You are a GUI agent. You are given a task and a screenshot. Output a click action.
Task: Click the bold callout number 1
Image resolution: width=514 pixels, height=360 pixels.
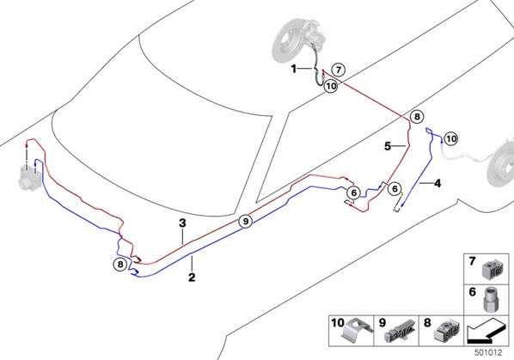click(294, 69)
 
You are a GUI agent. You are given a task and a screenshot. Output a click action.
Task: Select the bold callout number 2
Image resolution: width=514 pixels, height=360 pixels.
click(192, 278)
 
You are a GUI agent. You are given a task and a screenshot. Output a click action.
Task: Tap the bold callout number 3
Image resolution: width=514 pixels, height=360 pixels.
click(182, 223)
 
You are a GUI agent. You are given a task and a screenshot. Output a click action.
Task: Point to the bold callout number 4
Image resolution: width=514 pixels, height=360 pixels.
click(438, 184)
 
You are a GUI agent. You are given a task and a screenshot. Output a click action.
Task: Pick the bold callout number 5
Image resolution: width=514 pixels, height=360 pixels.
click(388, 146)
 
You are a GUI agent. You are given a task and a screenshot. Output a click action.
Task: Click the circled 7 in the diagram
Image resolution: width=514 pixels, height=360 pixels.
click(339, 70)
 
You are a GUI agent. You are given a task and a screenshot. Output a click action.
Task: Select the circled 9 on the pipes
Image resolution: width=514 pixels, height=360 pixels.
click(246, 222)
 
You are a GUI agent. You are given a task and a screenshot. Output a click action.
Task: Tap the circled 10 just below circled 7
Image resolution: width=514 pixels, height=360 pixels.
click(331, 86)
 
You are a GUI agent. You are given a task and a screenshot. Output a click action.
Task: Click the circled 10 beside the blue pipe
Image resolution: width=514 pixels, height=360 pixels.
click(451, 139)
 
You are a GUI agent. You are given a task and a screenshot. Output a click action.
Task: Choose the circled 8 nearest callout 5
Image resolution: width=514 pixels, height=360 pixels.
click(417, 116)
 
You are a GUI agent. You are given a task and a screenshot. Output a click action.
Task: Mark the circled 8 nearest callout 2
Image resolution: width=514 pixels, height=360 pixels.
click(120, 264)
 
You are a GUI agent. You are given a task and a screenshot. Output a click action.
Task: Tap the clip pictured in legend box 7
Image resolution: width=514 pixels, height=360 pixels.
click(493, 270)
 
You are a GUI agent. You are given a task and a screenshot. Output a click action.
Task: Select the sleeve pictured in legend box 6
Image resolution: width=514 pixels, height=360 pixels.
click(491, 299)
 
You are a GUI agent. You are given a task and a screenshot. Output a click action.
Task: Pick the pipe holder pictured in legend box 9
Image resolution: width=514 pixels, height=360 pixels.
click(400, 332)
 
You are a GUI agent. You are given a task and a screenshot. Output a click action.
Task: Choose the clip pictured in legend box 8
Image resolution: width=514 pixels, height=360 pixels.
click(446, 331)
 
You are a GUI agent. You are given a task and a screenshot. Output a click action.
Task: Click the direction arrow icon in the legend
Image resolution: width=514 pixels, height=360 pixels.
click(486, 333)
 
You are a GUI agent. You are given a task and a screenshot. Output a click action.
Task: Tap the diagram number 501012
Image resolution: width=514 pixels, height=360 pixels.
click(488, 352)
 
